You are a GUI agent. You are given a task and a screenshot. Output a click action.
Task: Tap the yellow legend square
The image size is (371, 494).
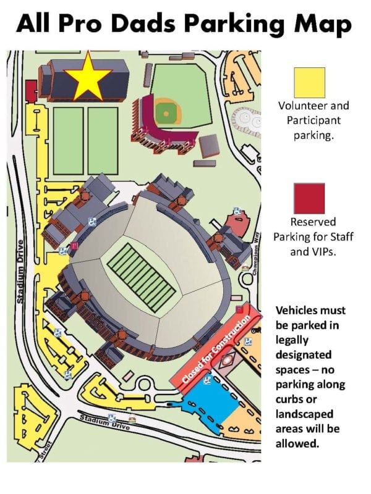(309, 83)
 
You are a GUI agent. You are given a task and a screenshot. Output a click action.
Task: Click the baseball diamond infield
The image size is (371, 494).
(164, 113)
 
